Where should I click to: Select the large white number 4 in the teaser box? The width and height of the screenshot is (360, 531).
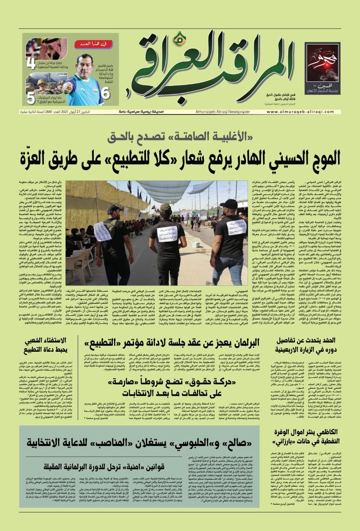coord(31,64)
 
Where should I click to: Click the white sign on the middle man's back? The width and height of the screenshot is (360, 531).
coord(167,233)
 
